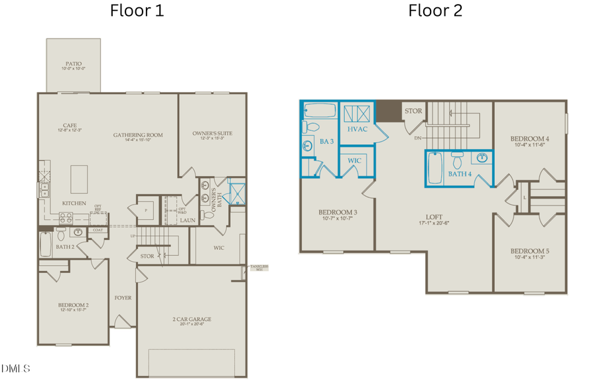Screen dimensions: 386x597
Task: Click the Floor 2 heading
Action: (x=435, y=11)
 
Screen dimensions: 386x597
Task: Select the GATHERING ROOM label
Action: (x=138, y=135)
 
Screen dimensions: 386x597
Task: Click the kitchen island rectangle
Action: (x=80, y=178)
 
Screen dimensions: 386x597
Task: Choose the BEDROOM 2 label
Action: (x=73, y=306)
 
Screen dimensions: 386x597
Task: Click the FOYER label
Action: (x=123, y=298)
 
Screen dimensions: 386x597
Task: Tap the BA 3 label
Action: (x=326, y=141)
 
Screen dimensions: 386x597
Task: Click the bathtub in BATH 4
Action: (x=434, y=169)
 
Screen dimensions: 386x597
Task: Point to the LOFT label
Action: (x=434, y=217)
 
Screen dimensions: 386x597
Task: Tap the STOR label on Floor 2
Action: (x=413, y=111)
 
